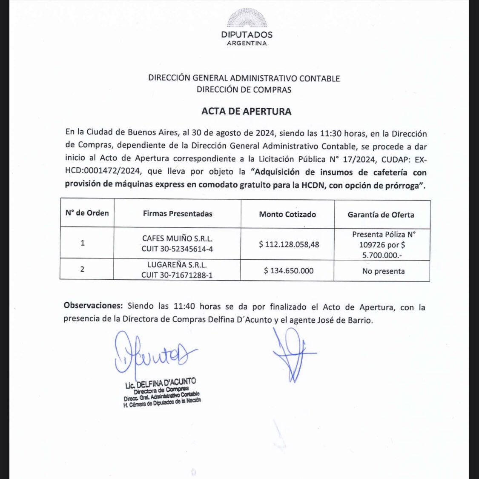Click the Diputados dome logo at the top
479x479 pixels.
pyautogui.click(x=247, y=18)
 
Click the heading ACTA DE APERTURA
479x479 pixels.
pyautogui.click(x=246, y=112)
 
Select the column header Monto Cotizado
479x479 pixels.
pyautogui.click(x=287, y=214)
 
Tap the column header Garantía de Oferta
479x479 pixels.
pyautogui.click(x=381, y=215)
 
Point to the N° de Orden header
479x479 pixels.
pyautogui.click(x=87, y=213)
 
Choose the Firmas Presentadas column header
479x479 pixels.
pyautogui.click(x=178, y=214)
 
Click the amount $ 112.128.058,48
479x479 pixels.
pyautogui.click(x=289, y=244)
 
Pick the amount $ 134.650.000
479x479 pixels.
pyautogui.click(x=288, y=271)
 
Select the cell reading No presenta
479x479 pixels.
pyautogui.click(x=383, y=271)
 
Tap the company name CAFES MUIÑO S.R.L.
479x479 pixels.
pyautogui.click(x=177, y=238)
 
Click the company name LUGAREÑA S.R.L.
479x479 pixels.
pyautogui.click(x=177, y=264)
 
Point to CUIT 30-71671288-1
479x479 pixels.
pyautogui.click(x=177, y=275)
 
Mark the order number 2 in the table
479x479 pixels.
pyautogui.click(x=82, y=269)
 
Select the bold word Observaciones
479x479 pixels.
pyautogui.click(x=93, y=305)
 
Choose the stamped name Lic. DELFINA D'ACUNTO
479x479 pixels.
pyautogui.click(x=161, y=384)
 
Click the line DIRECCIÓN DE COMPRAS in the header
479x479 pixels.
pyautogui.click(x=244, y=90)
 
